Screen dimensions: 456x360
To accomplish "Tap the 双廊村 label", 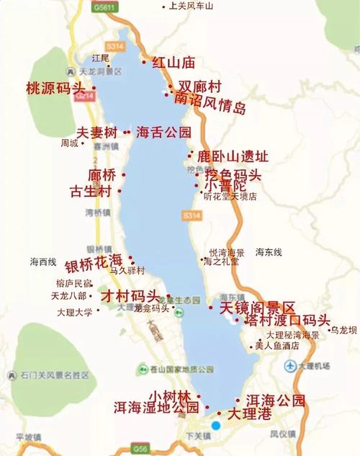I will click(199, 86).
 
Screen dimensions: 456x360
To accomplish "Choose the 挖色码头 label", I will click(233, 174).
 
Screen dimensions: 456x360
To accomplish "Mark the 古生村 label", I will click(90, 192).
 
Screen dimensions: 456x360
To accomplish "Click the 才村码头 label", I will click(129, 296).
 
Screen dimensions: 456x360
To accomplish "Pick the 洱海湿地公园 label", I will click(156, 407).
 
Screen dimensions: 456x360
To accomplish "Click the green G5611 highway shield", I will click(104, 6).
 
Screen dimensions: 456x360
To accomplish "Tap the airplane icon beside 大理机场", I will click(291, 365).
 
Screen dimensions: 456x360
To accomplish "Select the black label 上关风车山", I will click(190, 6).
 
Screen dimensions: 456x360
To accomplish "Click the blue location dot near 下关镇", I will click(215, 426).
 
